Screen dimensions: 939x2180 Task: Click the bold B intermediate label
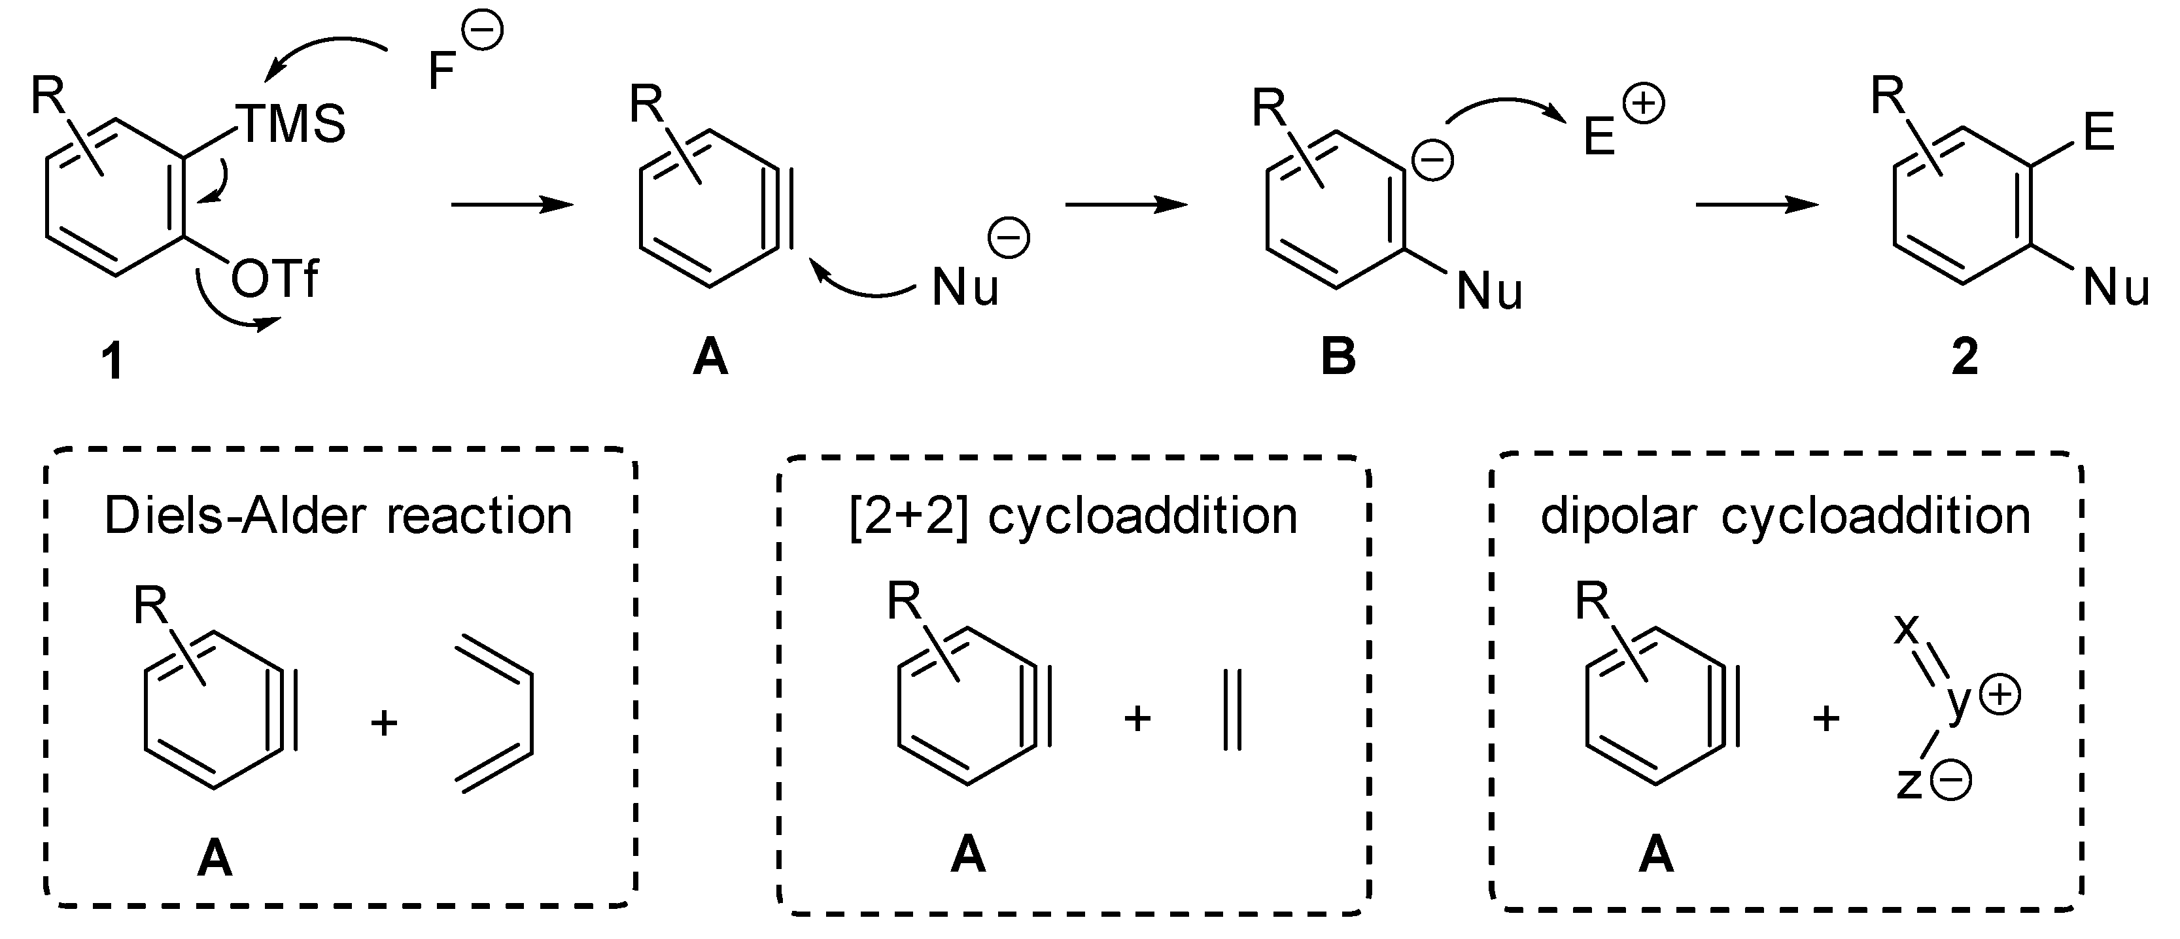tap(1338, 357)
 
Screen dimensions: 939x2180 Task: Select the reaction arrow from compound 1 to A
tap(512, 204)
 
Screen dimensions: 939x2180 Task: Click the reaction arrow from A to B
tap(1126, 204)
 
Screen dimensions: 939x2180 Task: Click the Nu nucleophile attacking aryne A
tap(965, 288)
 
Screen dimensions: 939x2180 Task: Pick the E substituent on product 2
tap(2100, 132)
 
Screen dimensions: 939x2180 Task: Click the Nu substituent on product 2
tap(2116, 288)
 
